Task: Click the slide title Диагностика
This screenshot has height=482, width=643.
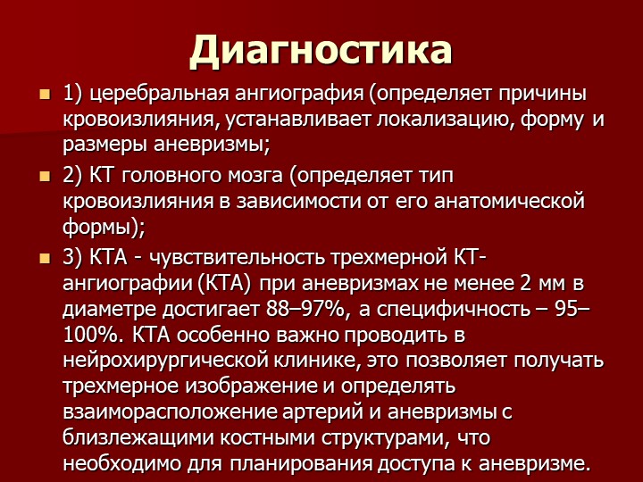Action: click(321, 51)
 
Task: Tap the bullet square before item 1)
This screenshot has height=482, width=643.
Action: click(45, 95)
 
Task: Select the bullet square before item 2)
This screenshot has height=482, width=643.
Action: click(45, 177)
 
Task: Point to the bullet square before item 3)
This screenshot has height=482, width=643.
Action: click(45, 259)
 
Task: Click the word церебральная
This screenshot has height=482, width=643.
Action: click(159, 95)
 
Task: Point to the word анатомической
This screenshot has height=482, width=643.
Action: click(509, 202)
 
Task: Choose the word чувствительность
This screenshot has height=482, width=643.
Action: click(236, 258)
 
